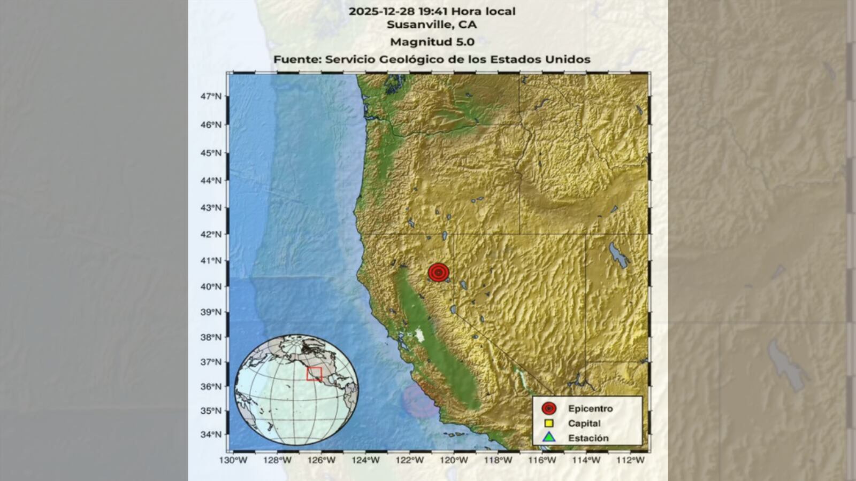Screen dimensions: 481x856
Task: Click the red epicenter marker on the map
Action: point(439,273)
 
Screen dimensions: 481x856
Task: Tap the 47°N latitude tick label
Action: point(211,96)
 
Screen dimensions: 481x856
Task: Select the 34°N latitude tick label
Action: point(211,435)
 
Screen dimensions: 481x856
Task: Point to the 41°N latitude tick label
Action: point(211,261)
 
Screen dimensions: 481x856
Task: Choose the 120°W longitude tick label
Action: point(456,460)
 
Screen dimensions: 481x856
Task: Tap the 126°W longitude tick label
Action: point(323,460)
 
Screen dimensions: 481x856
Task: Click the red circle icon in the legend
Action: point(548,409)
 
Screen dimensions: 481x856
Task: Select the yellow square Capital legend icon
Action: point(548,423)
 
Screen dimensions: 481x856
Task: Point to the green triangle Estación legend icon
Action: point(548,438)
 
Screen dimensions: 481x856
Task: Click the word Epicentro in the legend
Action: point(590,409)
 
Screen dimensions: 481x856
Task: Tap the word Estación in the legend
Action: point(588,438)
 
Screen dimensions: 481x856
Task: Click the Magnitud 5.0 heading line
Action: point(432,42)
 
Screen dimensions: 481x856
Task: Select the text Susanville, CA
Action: point(432,25)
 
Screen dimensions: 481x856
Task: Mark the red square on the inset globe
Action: point(314,374)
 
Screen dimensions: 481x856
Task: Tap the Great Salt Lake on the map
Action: point(618,255)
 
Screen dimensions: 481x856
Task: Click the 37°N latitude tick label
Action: point(211,362)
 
